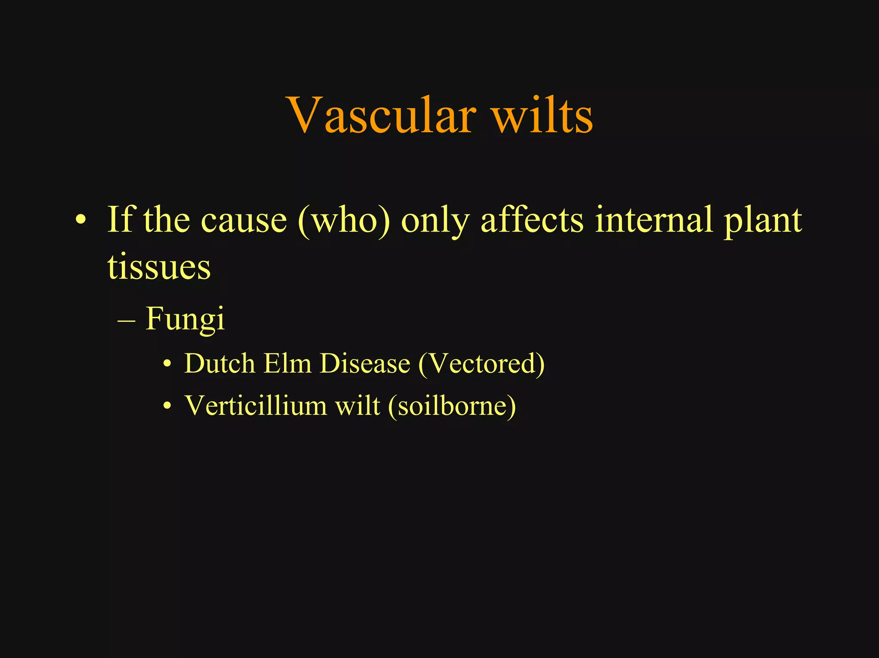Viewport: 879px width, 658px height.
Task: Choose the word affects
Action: point(532,220)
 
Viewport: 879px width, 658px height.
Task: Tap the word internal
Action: point(654,220)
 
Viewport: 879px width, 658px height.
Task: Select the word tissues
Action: point(159,267)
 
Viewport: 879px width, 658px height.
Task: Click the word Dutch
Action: point(219,364)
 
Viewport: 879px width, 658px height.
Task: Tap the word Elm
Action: point(287,364)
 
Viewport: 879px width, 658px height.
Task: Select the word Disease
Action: point(365,364)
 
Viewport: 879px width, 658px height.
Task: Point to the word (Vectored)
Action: point(481,364)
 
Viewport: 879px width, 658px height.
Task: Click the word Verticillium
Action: point(255,405)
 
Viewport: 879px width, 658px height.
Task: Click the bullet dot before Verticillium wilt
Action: point(167,406)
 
